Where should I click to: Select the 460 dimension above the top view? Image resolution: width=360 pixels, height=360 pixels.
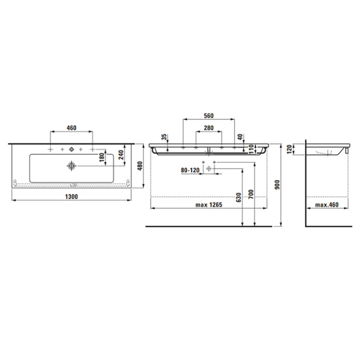click(x=71, y=128)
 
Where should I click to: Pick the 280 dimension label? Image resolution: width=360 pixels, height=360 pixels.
click(x=209, y=128)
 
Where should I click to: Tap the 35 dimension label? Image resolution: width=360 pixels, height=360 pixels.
click(x=163, y=137)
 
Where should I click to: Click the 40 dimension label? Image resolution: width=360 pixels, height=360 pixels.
click(x=241, y=137)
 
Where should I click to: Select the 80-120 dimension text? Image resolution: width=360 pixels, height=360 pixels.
click(x=190, y=170)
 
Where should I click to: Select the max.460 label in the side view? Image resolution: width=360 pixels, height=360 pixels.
click(x=326, y=206)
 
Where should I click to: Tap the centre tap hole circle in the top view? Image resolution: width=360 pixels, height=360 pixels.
click(x=71, y=148)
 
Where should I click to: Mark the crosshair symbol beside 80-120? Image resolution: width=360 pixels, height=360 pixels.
click(x=209, y=170)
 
